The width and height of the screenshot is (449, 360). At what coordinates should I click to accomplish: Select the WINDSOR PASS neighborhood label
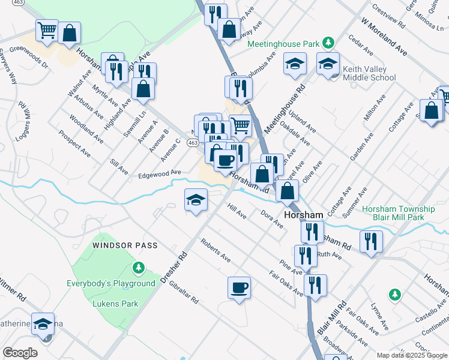tap(125, 245)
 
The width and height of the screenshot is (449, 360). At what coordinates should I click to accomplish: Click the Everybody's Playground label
tap(111, 283)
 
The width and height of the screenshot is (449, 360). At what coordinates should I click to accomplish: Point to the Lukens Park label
tap(115, 304)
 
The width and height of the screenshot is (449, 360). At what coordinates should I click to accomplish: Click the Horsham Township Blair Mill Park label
tap(399, 214)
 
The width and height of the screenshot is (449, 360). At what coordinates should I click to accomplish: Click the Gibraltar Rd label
tap(183, 292)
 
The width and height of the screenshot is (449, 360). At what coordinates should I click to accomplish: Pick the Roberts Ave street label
tap(216, 251)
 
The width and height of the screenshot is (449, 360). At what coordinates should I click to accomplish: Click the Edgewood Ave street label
tap(159, 173)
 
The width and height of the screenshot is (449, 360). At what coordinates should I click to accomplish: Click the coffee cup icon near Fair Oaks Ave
tap(239, 287)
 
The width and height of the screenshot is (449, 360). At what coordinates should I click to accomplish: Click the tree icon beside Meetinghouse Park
tap(328, 43)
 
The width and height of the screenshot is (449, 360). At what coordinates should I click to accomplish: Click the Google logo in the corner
tap(20, 353)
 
